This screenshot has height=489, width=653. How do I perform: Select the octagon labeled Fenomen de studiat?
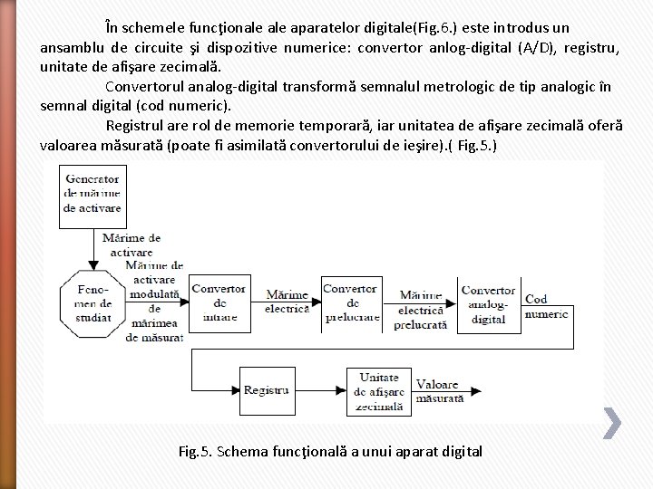91,302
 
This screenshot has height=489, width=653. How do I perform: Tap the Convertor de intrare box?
219,302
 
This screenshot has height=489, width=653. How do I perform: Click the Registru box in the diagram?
267,389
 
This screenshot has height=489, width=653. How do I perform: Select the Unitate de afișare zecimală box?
380,390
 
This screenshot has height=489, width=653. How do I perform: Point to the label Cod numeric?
547,306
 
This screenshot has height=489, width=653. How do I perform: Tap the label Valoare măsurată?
439,390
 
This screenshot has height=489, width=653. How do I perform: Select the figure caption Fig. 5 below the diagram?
330,451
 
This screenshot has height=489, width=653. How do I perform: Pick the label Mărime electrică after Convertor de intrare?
287,302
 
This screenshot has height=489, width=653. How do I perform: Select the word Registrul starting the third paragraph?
136,125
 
